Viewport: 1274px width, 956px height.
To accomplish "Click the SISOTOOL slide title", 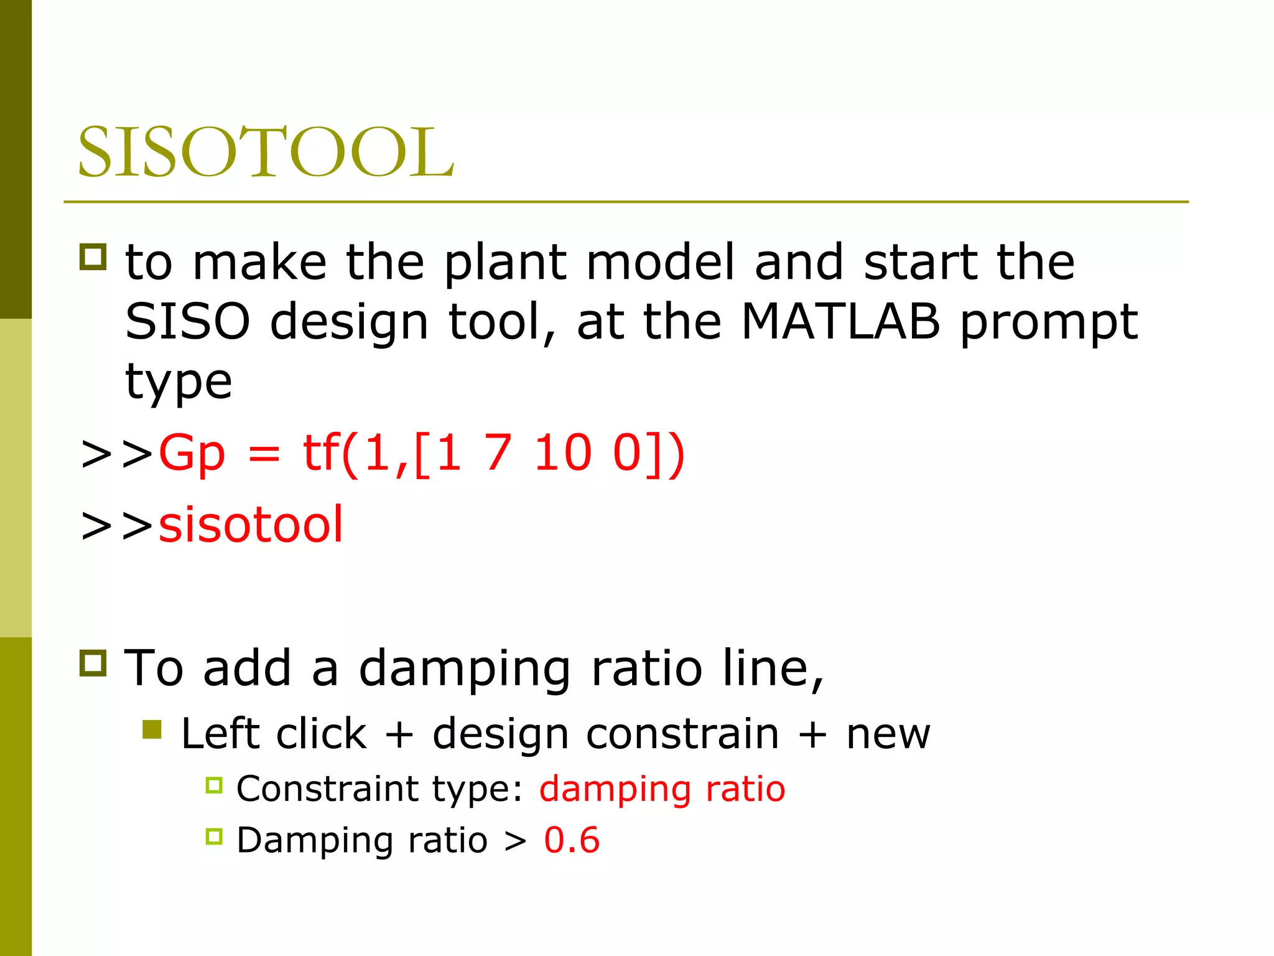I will [x=266, y=152].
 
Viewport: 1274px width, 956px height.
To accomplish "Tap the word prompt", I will [x=1049, y=324].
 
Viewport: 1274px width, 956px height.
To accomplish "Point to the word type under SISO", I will [x=179, y=382].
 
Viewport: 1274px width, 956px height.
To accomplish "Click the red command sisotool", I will [x=251, y=524].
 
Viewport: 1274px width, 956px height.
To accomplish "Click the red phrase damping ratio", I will [x=662, y=789].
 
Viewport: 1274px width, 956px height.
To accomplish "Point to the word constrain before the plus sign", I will [x=682, y=734].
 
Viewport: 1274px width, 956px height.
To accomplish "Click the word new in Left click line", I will [x=888, y=734].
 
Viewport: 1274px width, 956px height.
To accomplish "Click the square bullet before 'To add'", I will [x=93, y=663].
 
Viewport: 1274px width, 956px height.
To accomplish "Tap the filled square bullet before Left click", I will [x=152, y=729].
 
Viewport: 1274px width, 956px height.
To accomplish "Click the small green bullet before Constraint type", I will [x=214, y=785].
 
